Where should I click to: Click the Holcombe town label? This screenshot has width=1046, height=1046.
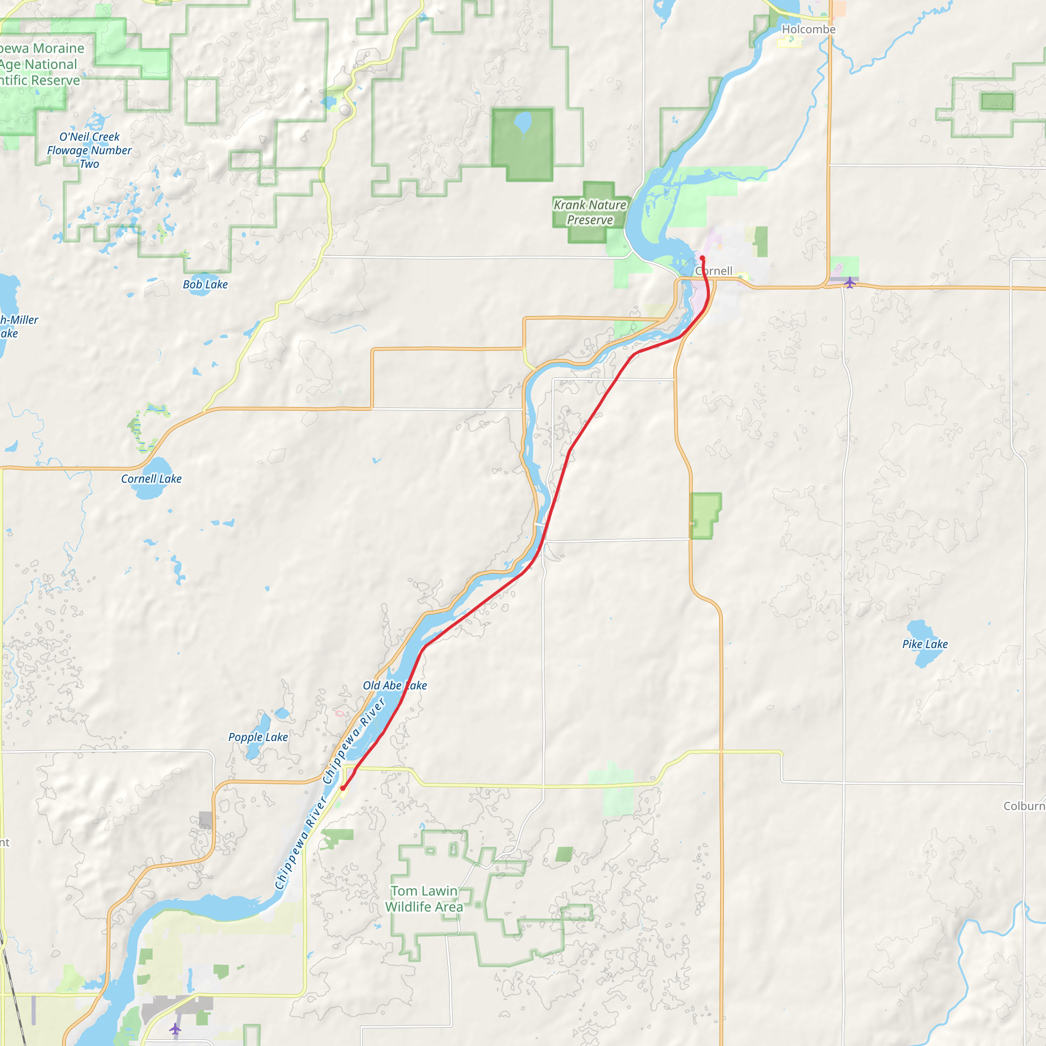[x=809, y=29]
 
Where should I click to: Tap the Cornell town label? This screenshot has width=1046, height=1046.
[x=714, y=271]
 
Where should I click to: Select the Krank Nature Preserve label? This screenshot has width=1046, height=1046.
[x=589, y=212]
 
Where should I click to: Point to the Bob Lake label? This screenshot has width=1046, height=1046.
[x=205, y=284]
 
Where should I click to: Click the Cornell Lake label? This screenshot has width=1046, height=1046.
[x=151, y=479]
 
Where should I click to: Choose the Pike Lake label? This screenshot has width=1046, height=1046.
[x=925, y=644]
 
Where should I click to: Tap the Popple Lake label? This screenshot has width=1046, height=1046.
[x=258, y=737]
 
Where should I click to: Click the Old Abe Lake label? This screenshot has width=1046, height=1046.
[x=395, y=685]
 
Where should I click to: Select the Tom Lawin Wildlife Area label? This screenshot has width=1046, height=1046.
[x=424, y=899]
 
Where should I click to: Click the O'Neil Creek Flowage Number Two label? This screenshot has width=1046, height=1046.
[x=89, y=151]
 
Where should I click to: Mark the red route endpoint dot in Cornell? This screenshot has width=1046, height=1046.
[x=702, y=258]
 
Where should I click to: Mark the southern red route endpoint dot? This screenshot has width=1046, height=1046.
[x=343, y=788]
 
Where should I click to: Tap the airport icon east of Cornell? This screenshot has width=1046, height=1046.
[x=849, y=282]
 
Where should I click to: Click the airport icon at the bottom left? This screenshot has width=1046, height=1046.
[x=175, y=1028]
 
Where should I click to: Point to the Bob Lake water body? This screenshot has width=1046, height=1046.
[x=201, y=277]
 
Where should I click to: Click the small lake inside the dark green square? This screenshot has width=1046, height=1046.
[x=523, y=122]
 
